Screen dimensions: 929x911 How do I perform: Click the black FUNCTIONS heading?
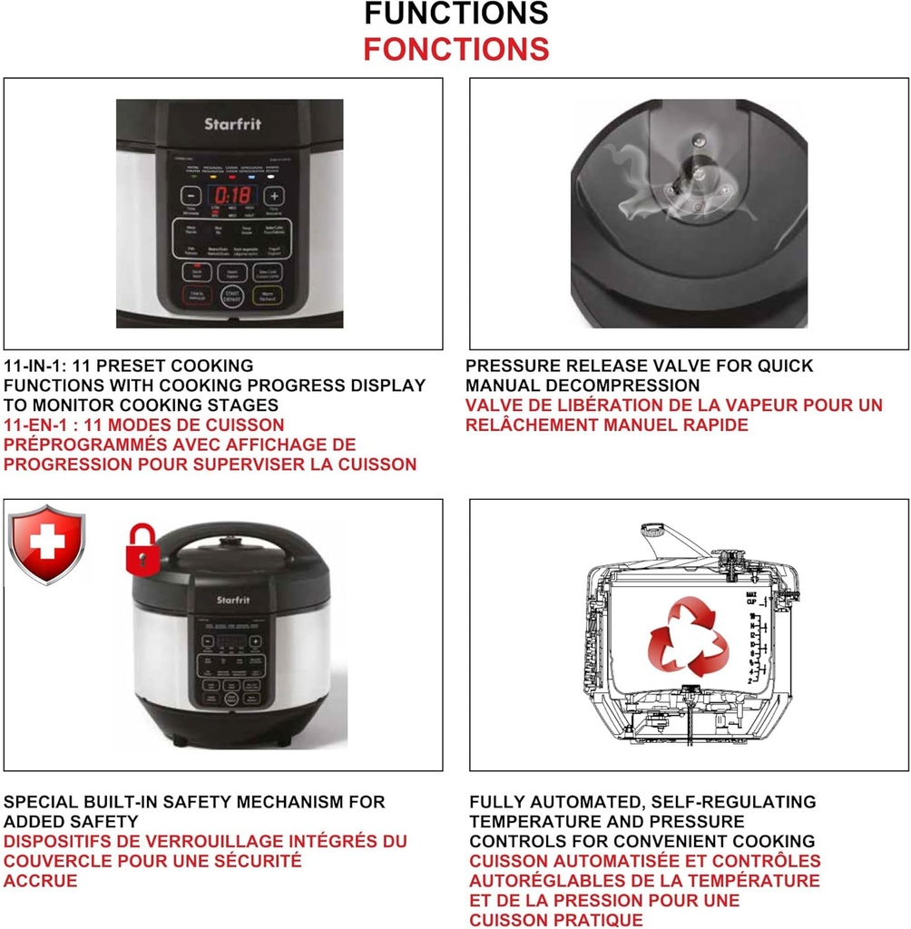[x=455, y=14]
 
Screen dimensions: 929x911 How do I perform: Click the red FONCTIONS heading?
[x=455, y=48]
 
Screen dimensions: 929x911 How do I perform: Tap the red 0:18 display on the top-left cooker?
[x=231, y=196]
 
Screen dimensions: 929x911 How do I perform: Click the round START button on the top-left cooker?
[x=231, y=297]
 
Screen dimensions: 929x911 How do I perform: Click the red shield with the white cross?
[x=46, y=544]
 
